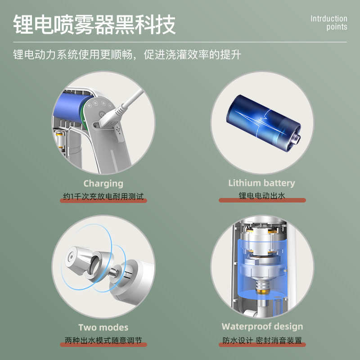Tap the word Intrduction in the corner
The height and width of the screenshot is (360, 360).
[329, 19]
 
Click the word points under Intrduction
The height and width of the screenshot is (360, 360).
[337, 27]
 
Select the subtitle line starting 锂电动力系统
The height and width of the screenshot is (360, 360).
[127, 55]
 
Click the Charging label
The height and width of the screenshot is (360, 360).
[103, 184]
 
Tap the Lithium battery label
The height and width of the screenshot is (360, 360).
[261, 183]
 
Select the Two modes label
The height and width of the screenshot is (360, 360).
[103, 328]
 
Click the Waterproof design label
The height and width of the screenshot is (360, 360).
[262, 327]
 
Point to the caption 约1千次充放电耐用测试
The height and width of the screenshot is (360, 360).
[103, 196]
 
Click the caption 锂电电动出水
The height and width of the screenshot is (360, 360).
[262, 196]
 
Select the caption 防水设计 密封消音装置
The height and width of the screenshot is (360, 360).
[262, 340]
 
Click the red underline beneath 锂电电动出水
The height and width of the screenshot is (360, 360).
[262, 201]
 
